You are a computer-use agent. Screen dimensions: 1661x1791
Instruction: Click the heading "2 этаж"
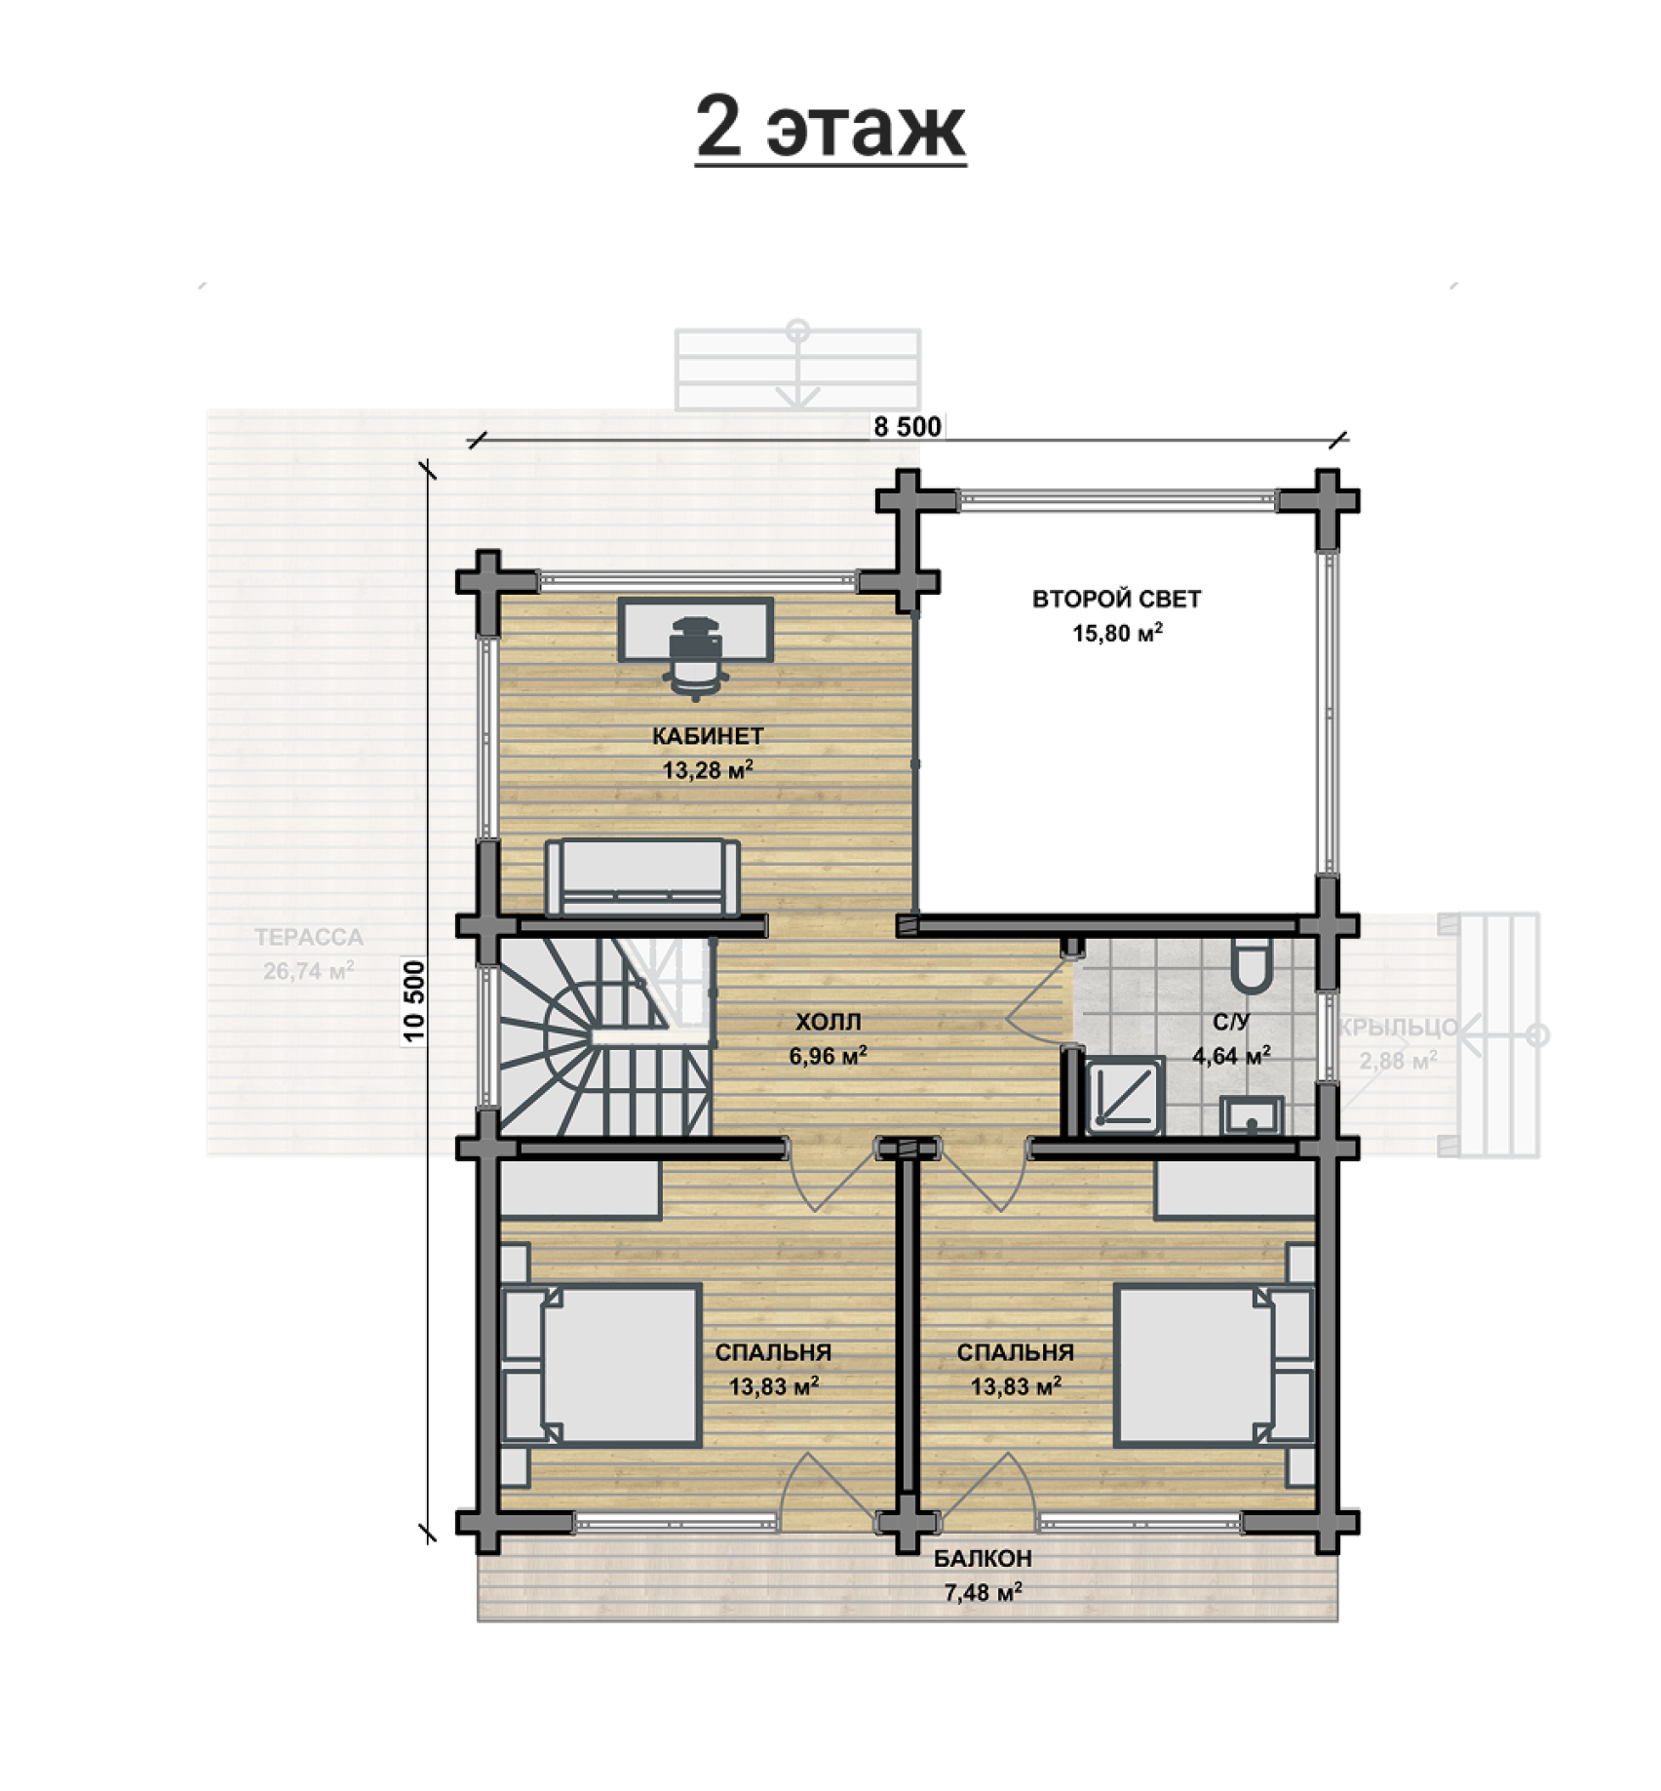[x=830, y=128]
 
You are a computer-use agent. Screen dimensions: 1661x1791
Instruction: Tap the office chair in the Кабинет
[x=695, y=658]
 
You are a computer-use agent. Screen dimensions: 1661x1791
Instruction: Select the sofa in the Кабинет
[x=642, y=877]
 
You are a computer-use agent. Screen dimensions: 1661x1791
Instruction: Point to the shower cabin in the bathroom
[x=1125, y=1096]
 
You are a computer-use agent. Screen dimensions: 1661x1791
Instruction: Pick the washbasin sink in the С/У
[x=1252, y=1115]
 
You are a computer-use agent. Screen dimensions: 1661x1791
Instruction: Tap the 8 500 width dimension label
[x=908, y=427]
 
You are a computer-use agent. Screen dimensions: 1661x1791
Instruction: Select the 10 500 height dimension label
[x=414, y=1001]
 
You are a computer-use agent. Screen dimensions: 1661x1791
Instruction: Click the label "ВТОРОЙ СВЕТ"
[x=1117, y=599]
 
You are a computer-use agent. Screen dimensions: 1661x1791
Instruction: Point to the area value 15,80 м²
[x=1117, y=633]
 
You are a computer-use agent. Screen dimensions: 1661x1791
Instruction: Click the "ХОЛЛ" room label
[x=829, y=1022]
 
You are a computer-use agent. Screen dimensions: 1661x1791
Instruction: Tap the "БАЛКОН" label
[x=983, y=1558]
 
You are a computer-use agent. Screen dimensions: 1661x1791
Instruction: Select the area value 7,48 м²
[x=983, y=1592]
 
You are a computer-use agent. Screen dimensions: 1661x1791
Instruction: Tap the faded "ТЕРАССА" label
[x=309, y=937]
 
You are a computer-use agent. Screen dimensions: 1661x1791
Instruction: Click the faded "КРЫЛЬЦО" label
[x=1398, y=1027]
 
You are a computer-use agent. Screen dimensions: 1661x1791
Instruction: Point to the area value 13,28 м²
[x=708, y=770]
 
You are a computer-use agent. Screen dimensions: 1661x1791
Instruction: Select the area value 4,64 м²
[x=1231, y=1056]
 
